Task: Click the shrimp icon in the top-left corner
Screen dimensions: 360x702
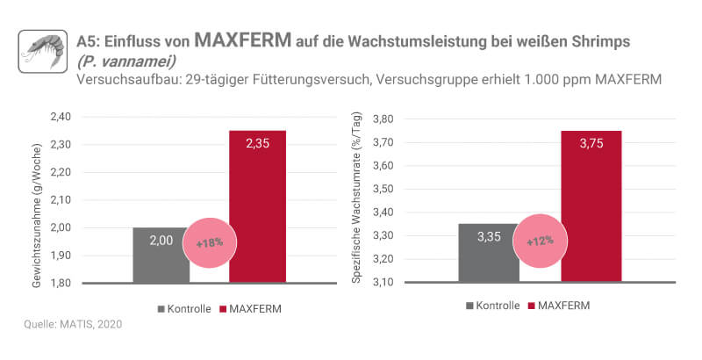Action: (42, 52)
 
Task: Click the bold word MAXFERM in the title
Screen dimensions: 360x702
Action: (242, 40)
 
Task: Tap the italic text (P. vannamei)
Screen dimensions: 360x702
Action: (121, 61)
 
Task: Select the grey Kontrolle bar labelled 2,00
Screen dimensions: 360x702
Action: (161, 256)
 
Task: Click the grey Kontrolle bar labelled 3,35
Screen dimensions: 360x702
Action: (489, 255)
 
